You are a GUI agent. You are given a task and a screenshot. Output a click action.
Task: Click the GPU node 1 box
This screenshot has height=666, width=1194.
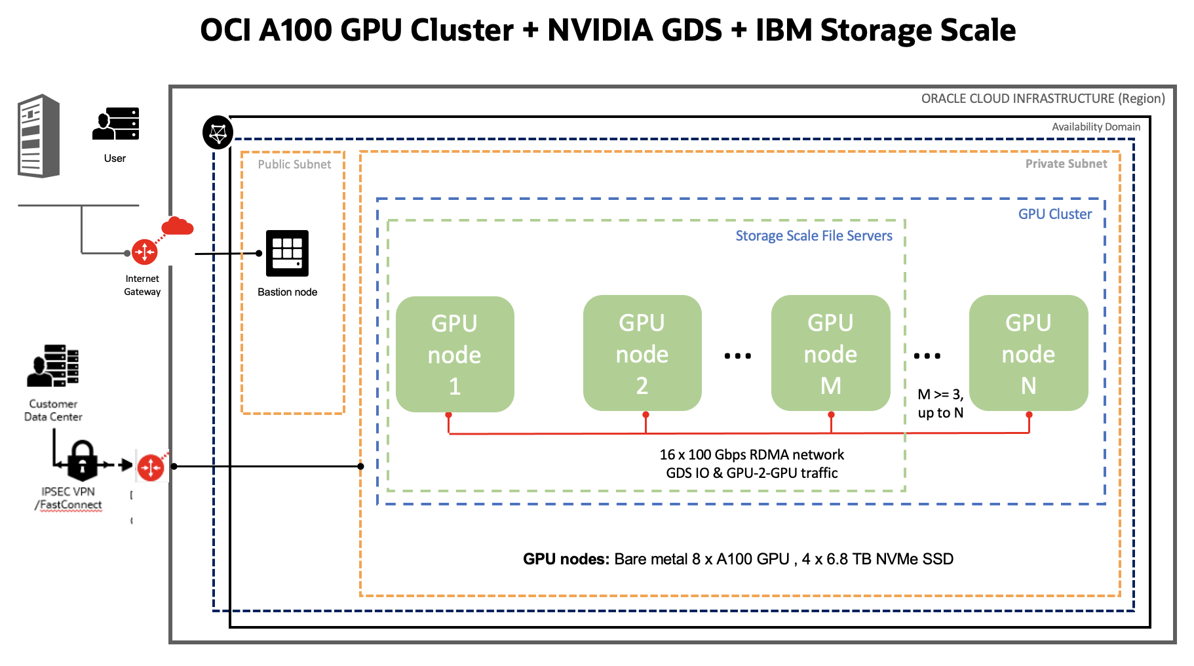point(455,354)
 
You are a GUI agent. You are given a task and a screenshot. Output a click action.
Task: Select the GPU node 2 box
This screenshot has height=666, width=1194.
point(642,353)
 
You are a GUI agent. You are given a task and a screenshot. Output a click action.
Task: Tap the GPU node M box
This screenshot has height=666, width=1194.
point(830,353)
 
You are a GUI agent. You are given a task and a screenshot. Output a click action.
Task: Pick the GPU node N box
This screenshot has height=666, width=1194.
point(1028,353)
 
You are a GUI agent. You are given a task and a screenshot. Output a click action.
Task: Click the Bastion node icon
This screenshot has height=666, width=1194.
point(287,253)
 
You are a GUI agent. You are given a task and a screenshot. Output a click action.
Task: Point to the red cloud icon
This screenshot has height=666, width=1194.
point(177,226)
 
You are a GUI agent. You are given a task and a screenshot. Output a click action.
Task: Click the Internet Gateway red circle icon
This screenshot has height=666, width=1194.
point(144,252)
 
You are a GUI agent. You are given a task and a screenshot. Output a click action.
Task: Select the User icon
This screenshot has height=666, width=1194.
point(116,124)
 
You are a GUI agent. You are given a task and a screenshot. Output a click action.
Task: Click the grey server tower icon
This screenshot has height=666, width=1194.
point(39,136)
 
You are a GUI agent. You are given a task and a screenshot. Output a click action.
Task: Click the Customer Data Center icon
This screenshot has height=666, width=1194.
point(52,366)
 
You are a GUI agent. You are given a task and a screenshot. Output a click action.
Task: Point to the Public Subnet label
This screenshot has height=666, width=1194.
point(294,165)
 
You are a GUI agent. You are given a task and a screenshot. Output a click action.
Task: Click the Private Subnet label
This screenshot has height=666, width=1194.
point(1066,164)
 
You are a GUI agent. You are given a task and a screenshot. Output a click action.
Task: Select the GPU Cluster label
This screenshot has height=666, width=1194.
point(1054,214)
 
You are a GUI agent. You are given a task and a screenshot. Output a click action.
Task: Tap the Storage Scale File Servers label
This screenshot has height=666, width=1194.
point(813,236)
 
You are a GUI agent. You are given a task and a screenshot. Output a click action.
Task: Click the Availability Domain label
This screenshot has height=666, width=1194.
point(1096,127)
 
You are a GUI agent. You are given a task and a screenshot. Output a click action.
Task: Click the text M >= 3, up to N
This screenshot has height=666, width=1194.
point(940,403)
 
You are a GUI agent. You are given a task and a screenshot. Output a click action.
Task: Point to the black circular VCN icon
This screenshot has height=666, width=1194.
point(218,133)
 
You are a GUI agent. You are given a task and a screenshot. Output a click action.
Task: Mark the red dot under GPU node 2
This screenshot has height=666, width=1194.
point(645,415)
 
